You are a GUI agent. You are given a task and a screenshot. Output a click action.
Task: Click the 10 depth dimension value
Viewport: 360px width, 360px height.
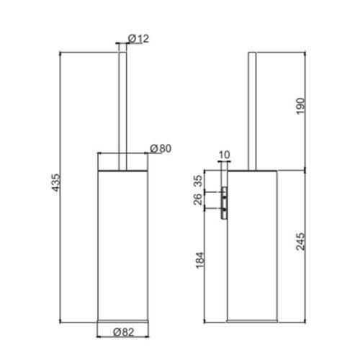click(x=222, y=154)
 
